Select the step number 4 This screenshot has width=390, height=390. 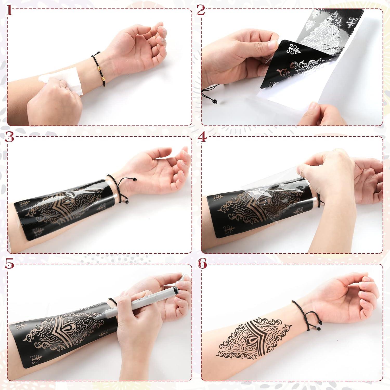point(201,137)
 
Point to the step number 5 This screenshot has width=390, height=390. point(9,264)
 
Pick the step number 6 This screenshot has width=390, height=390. point(202,264)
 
